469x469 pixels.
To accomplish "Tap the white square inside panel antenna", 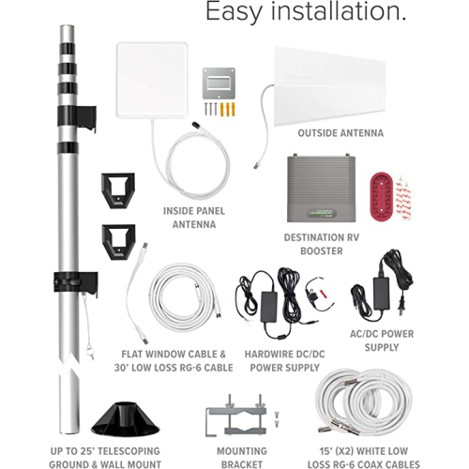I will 152,80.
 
